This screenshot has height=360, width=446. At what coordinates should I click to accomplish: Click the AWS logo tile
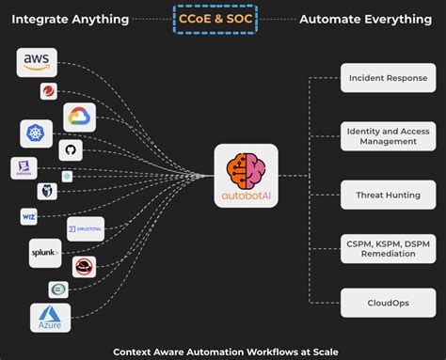[37, 62]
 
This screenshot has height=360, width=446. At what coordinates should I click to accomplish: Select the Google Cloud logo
[80, 117]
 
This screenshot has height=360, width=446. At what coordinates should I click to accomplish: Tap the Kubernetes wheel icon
[36, 133]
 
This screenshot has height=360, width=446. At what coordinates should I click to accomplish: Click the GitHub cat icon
[69, 149]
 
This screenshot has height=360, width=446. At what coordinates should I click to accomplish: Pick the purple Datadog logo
[23, 168]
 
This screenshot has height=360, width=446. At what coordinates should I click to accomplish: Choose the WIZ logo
[29, 217]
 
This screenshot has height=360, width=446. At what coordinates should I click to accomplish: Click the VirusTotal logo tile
[85, 228]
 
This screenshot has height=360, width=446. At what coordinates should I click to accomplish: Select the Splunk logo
[43, 252]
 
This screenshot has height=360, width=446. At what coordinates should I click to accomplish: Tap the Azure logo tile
[49, 318]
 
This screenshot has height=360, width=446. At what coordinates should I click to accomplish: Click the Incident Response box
[381, 78]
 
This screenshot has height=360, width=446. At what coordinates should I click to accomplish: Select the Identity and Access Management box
[381, 135]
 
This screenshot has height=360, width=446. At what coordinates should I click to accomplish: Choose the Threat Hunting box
[381, 195]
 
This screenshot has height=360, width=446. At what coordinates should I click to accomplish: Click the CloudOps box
[381, 304]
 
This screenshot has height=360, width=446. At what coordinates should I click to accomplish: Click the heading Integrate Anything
[70, 18]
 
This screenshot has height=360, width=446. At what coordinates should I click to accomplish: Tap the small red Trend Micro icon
[49, 91]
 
